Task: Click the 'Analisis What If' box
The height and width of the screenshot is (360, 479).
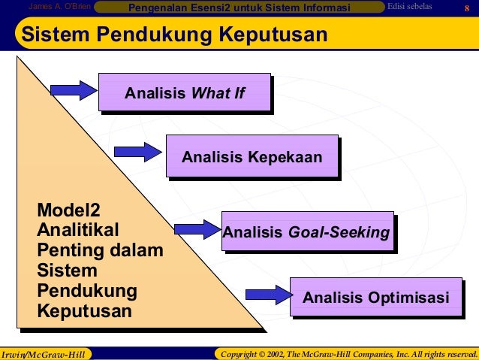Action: (x=185, y=93)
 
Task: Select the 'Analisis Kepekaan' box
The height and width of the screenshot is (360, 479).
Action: (x=252, y=156)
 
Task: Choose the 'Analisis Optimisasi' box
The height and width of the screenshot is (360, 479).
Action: (x=375, y=298)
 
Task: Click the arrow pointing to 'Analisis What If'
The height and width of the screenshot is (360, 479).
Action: (x=74, y=90)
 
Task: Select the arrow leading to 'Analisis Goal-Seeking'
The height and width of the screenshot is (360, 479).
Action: (x=197, y=228)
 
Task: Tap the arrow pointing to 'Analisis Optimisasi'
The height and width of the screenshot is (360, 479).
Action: (x=269, y=295)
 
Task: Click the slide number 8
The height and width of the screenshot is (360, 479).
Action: (x=465, y=8)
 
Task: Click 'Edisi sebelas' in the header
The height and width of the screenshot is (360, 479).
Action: (x=410, y=8)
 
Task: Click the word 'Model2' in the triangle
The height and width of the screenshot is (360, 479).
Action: (x=68, y=210)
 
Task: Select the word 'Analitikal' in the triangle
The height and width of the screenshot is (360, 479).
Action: (x=78, y=230)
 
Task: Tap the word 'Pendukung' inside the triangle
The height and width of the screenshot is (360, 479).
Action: (x=87, y=291)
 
